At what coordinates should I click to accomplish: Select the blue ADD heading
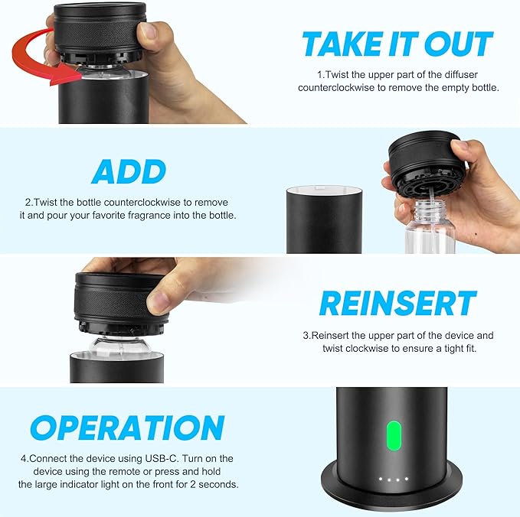[129, 171]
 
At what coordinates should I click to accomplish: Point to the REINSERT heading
[397, 304]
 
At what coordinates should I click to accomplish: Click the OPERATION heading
[127, 427]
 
